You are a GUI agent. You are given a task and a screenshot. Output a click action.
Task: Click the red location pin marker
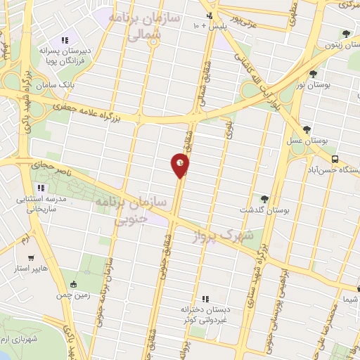click(180, 165)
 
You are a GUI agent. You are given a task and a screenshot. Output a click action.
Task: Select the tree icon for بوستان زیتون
click(345, 34)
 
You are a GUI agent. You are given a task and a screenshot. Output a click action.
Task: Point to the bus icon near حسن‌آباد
click(335, 159)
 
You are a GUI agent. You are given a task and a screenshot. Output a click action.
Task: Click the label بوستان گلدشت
click(264, 210)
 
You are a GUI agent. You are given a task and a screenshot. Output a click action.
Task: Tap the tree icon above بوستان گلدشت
click(265, 199)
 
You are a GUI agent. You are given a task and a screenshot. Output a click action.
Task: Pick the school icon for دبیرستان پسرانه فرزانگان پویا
click(65, 40)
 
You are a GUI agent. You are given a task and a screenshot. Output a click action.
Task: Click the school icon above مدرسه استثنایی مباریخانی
click(41, 188)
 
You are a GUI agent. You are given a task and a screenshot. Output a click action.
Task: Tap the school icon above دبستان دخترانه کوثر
click(205, 300)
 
